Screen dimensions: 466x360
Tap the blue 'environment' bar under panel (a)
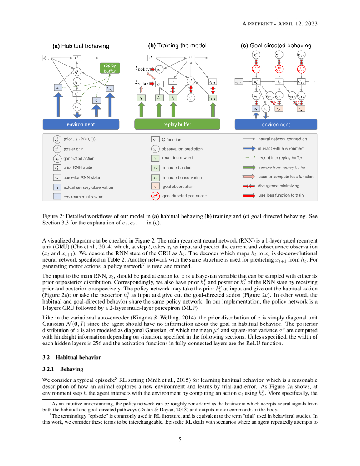81,124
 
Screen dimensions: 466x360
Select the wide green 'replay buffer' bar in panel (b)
177,124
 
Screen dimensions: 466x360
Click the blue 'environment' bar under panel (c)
276,124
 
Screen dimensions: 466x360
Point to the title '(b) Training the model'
177,46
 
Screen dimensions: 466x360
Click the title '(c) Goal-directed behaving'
276,46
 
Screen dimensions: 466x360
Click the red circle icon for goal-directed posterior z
155,196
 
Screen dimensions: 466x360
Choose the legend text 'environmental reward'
83,197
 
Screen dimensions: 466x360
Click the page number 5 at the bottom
180,439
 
